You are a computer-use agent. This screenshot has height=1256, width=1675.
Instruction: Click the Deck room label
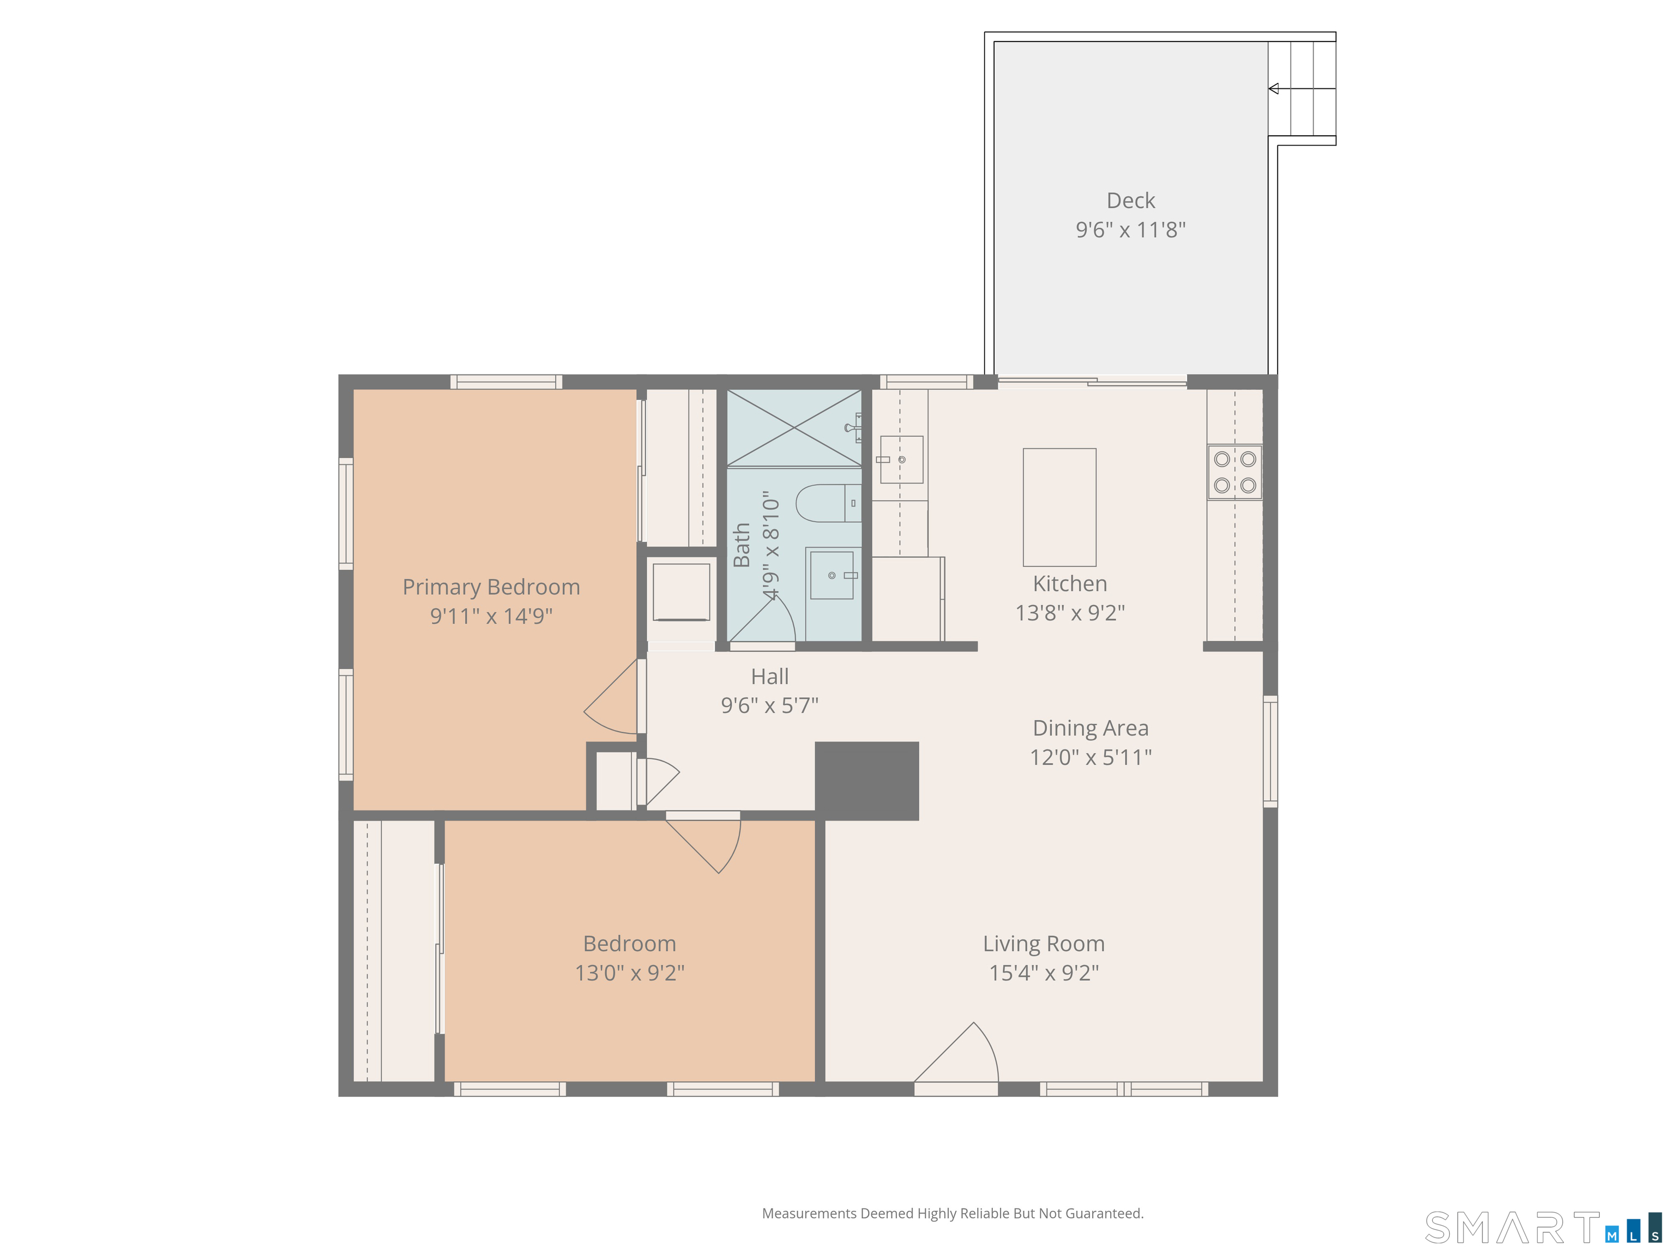coord(1130,201)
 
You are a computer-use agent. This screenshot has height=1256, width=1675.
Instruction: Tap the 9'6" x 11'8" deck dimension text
coord(1130,230)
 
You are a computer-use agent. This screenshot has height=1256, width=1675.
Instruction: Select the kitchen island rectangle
coord(1059,507)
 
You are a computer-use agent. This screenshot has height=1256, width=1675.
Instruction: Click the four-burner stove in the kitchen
coord(1235,472)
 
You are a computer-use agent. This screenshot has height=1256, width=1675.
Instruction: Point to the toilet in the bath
coord(828,503)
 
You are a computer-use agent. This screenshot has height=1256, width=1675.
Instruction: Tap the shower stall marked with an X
coord(794,428)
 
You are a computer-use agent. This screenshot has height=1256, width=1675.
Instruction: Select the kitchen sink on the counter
coord(901,460)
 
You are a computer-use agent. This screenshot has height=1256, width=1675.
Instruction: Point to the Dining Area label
coord(1091,728)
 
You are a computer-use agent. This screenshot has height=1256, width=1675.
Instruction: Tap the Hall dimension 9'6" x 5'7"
coord(770,705)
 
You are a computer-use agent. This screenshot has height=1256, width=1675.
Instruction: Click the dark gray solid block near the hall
coord(867,781)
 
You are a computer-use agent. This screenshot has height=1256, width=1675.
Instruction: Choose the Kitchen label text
coord(1070,584)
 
